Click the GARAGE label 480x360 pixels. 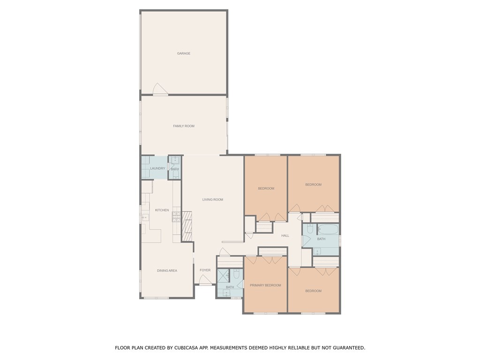(184, 53)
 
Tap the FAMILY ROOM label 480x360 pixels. (184, 126)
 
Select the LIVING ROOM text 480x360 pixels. (213, 200)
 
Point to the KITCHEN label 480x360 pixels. (162, 210)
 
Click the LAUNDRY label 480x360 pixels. (157, 168)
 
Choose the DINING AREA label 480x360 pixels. (167, 270)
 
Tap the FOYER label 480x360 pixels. (205, 270)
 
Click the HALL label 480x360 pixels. (285, 235)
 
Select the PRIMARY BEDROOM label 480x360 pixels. (265, 285)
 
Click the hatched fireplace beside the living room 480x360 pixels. (187, 226)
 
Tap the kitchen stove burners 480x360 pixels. (177, 217)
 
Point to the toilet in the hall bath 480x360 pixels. (309, 229)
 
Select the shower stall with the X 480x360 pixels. (223, 276)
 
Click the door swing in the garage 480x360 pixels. (160, 89)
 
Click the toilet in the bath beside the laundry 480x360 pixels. (175, 174)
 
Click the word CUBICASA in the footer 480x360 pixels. (186, 348)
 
